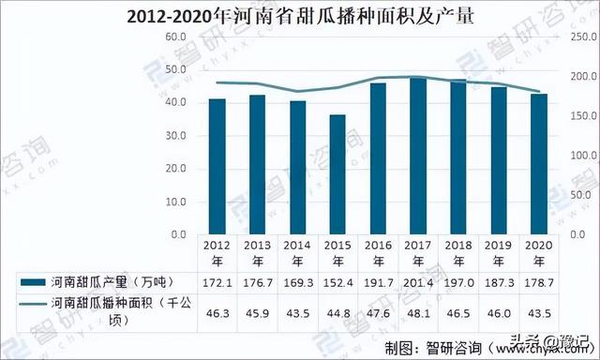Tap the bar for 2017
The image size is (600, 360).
click(x=418, y=155)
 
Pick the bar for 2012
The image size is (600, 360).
click(x=217, y=165)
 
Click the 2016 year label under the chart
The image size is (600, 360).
click(x=378, y=252)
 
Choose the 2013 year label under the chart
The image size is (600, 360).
click(x=258, y=252)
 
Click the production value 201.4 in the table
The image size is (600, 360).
click(x=418, y=281)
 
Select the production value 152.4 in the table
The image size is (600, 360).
click(x=337, y=281)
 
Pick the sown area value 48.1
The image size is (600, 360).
click(x=418, y=312)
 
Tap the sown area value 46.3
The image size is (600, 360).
click(x=217, y=312)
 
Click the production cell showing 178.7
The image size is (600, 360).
click(x=539, y=281)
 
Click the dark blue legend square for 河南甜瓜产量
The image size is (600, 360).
click(x=31, y=281)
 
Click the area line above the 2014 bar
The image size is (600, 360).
click(x=298, y=92)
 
